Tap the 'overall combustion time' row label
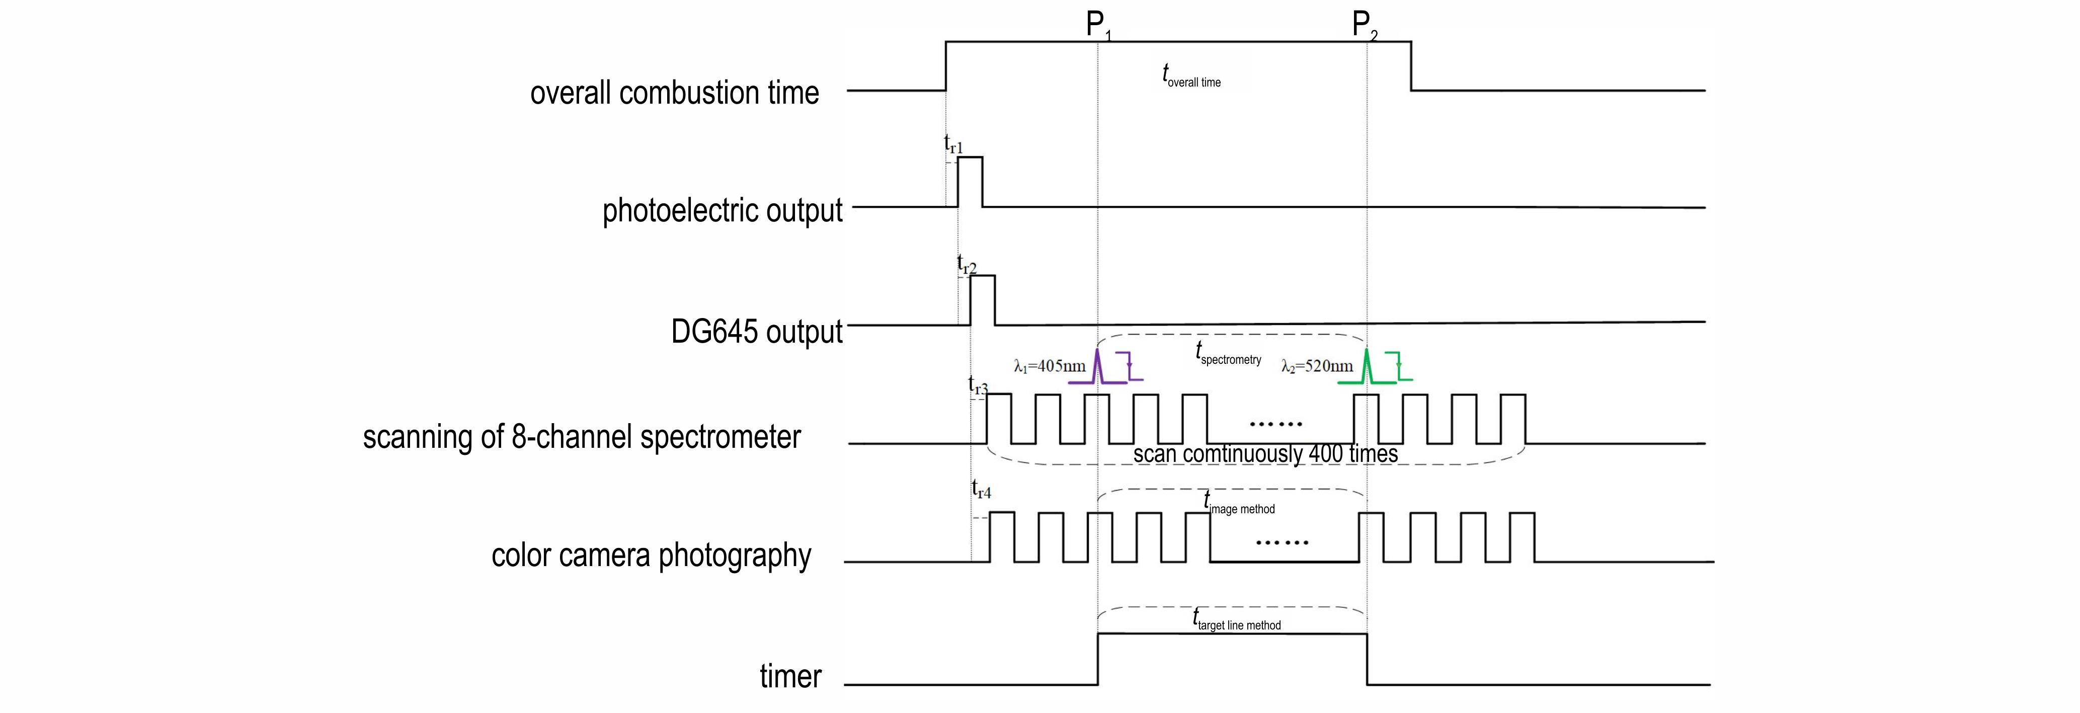(x=674, y=93)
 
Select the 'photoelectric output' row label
(x=722, y=211)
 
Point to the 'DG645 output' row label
(x=757, y=331)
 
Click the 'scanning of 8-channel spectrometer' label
(x=581, y=437)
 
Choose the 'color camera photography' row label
(x=651, y=556)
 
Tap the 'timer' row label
(x=790, y=676)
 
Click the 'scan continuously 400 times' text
(x=1265, y=454)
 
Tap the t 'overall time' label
(x=1191, y=76)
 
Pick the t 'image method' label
(x=1239, y=505)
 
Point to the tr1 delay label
(x=953, y=144)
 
